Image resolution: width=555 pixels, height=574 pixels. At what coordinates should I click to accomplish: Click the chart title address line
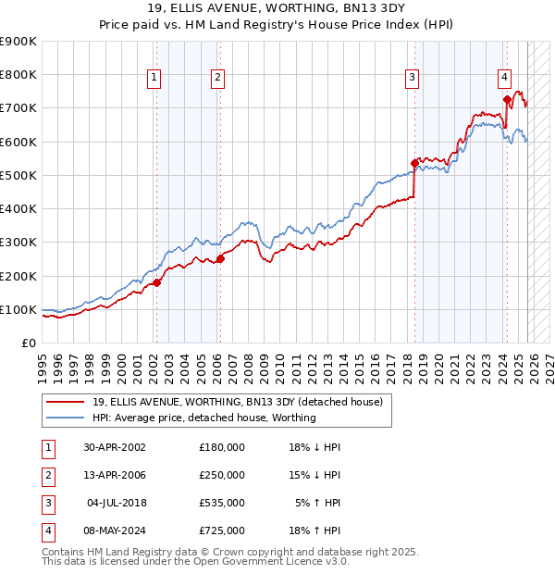pos(277,8)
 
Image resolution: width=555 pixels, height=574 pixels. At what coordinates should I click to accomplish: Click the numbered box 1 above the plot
pos(154,79)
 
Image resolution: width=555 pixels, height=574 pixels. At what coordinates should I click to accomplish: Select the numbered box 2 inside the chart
pos(216,79)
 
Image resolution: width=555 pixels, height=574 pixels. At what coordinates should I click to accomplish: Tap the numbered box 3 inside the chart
pos(412,79)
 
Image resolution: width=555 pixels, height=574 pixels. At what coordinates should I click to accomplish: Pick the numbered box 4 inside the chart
pos(504,79)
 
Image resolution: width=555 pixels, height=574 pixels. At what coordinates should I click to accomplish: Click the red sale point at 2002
pos(156,282)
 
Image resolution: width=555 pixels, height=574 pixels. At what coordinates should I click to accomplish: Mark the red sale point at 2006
pos(219,258)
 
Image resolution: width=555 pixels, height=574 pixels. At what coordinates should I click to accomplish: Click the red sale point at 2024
pos(507,99)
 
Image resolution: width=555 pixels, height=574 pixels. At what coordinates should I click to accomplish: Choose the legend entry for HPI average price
pos(204,418)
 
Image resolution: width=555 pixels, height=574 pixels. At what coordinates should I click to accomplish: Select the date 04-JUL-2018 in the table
pos(116,503)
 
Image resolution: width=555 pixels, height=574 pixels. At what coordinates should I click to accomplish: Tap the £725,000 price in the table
pos(222,530)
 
